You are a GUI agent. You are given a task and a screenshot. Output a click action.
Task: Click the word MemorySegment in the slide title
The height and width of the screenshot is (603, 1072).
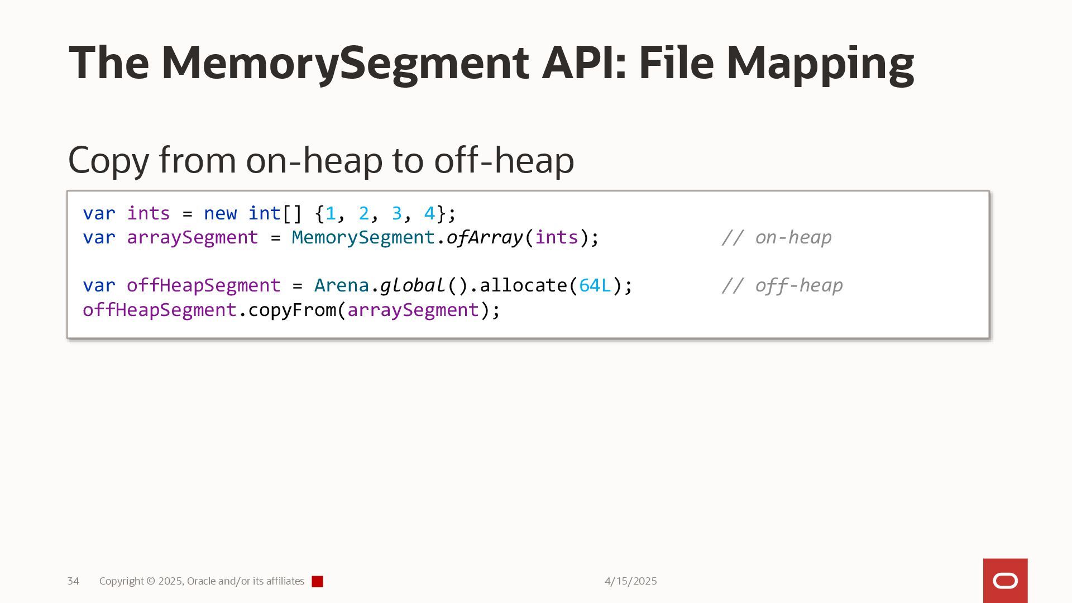click(x=345, y=63)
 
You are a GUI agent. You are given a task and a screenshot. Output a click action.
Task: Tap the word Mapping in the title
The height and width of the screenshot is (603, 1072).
click(x=820, y=63)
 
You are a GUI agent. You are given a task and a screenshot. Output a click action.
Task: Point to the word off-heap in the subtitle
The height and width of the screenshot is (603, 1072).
click(x=504, y=160)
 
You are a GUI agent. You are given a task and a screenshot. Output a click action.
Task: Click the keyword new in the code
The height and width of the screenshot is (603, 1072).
click(x=220, y=213)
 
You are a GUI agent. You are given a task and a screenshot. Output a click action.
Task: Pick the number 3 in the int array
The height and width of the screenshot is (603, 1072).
click(x=396, y=213)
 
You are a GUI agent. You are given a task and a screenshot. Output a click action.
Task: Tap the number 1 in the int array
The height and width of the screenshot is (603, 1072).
click(x=331, y=213)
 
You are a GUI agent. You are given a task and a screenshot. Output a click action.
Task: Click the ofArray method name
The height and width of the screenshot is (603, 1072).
click(x=484, y=238)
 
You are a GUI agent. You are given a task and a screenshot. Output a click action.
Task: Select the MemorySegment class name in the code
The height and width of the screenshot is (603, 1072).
click(x=363, y=238)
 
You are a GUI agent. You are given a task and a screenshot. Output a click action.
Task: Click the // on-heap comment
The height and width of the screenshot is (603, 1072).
click(x=776, y=238)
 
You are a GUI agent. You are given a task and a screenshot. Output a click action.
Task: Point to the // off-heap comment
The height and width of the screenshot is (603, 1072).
click(x=782, y=286)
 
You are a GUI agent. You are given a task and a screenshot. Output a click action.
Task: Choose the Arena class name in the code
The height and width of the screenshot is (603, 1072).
click(x=341, y=286)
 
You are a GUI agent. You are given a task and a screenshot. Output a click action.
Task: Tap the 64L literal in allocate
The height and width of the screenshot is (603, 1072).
click(x=595, y=286)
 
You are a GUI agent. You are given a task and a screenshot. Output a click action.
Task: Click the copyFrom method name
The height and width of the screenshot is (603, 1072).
click(x=292, y=310)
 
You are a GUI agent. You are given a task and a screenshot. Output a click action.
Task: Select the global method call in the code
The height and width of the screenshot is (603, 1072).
click(x=412, y=286)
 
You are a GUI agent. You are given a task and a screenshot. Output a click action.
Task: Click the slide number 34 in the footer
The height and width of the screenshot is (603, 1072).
click(x=73, y=581)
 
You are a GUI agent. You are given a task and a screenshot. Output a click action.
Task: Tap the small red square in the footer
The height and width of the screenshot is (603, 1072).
click(x=317, y=582)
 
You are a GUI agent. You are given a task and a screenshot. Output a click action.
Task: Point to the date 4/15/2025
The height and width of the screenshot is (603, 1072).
click(x=630, y=581)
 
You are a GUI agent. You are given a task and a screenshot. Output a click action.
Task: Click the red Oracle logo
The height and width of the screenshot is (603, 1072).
click(x=1005, y=581)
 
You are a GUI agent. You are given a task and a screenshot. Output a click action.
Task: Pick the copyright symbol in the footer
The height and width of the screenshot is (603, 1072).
click(x=151, y=581)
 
